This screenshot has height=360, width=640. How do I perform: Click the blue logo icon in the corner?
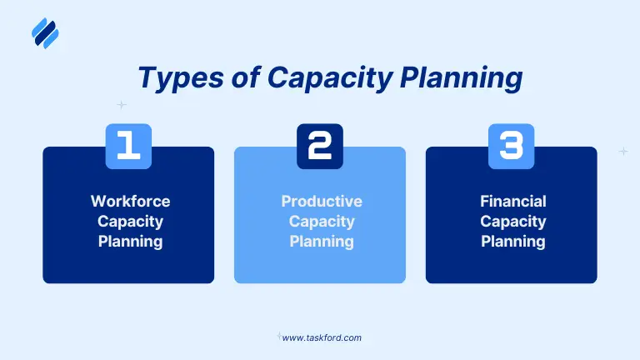click(45, 33)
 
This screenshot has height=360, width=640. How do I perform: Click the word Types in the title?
click(171, 77)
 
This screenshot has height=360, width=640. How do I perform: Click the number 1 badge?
click(128, 146)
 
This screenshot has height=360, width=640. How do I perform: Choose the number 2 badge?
click(320, 146)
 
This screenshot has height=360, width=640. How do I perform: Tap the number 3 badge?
click(511, 146)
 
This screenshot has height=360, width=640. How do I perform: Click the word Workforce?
click(129, 201)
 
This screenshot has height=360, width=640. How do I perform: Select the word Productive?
click(321, 201)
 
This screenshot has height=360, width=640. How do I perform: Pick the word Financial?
click(512, 201)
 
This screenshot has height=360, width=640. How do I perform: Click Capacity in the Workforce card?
click(129, 222)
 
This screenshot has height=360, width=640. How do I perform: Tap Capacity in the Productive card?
click(321, 222)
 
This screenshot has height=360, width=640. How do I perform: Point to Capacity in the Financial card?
click(512, 222)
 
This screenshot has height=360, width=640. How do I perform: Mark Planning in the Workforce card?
click(129, 242)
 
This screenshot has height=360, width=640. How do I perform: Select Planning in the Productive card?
click(321, 242)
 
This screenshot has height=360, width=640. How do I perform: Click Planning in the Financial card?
click(512, 242)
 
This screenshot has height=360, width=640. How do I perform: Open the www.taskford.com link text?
click(322, 337)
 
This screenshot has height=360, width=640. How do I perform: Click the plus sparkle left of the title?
click(122, 105)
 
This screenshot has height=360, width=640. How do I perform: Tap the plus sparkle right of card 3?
click(623, 152)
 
